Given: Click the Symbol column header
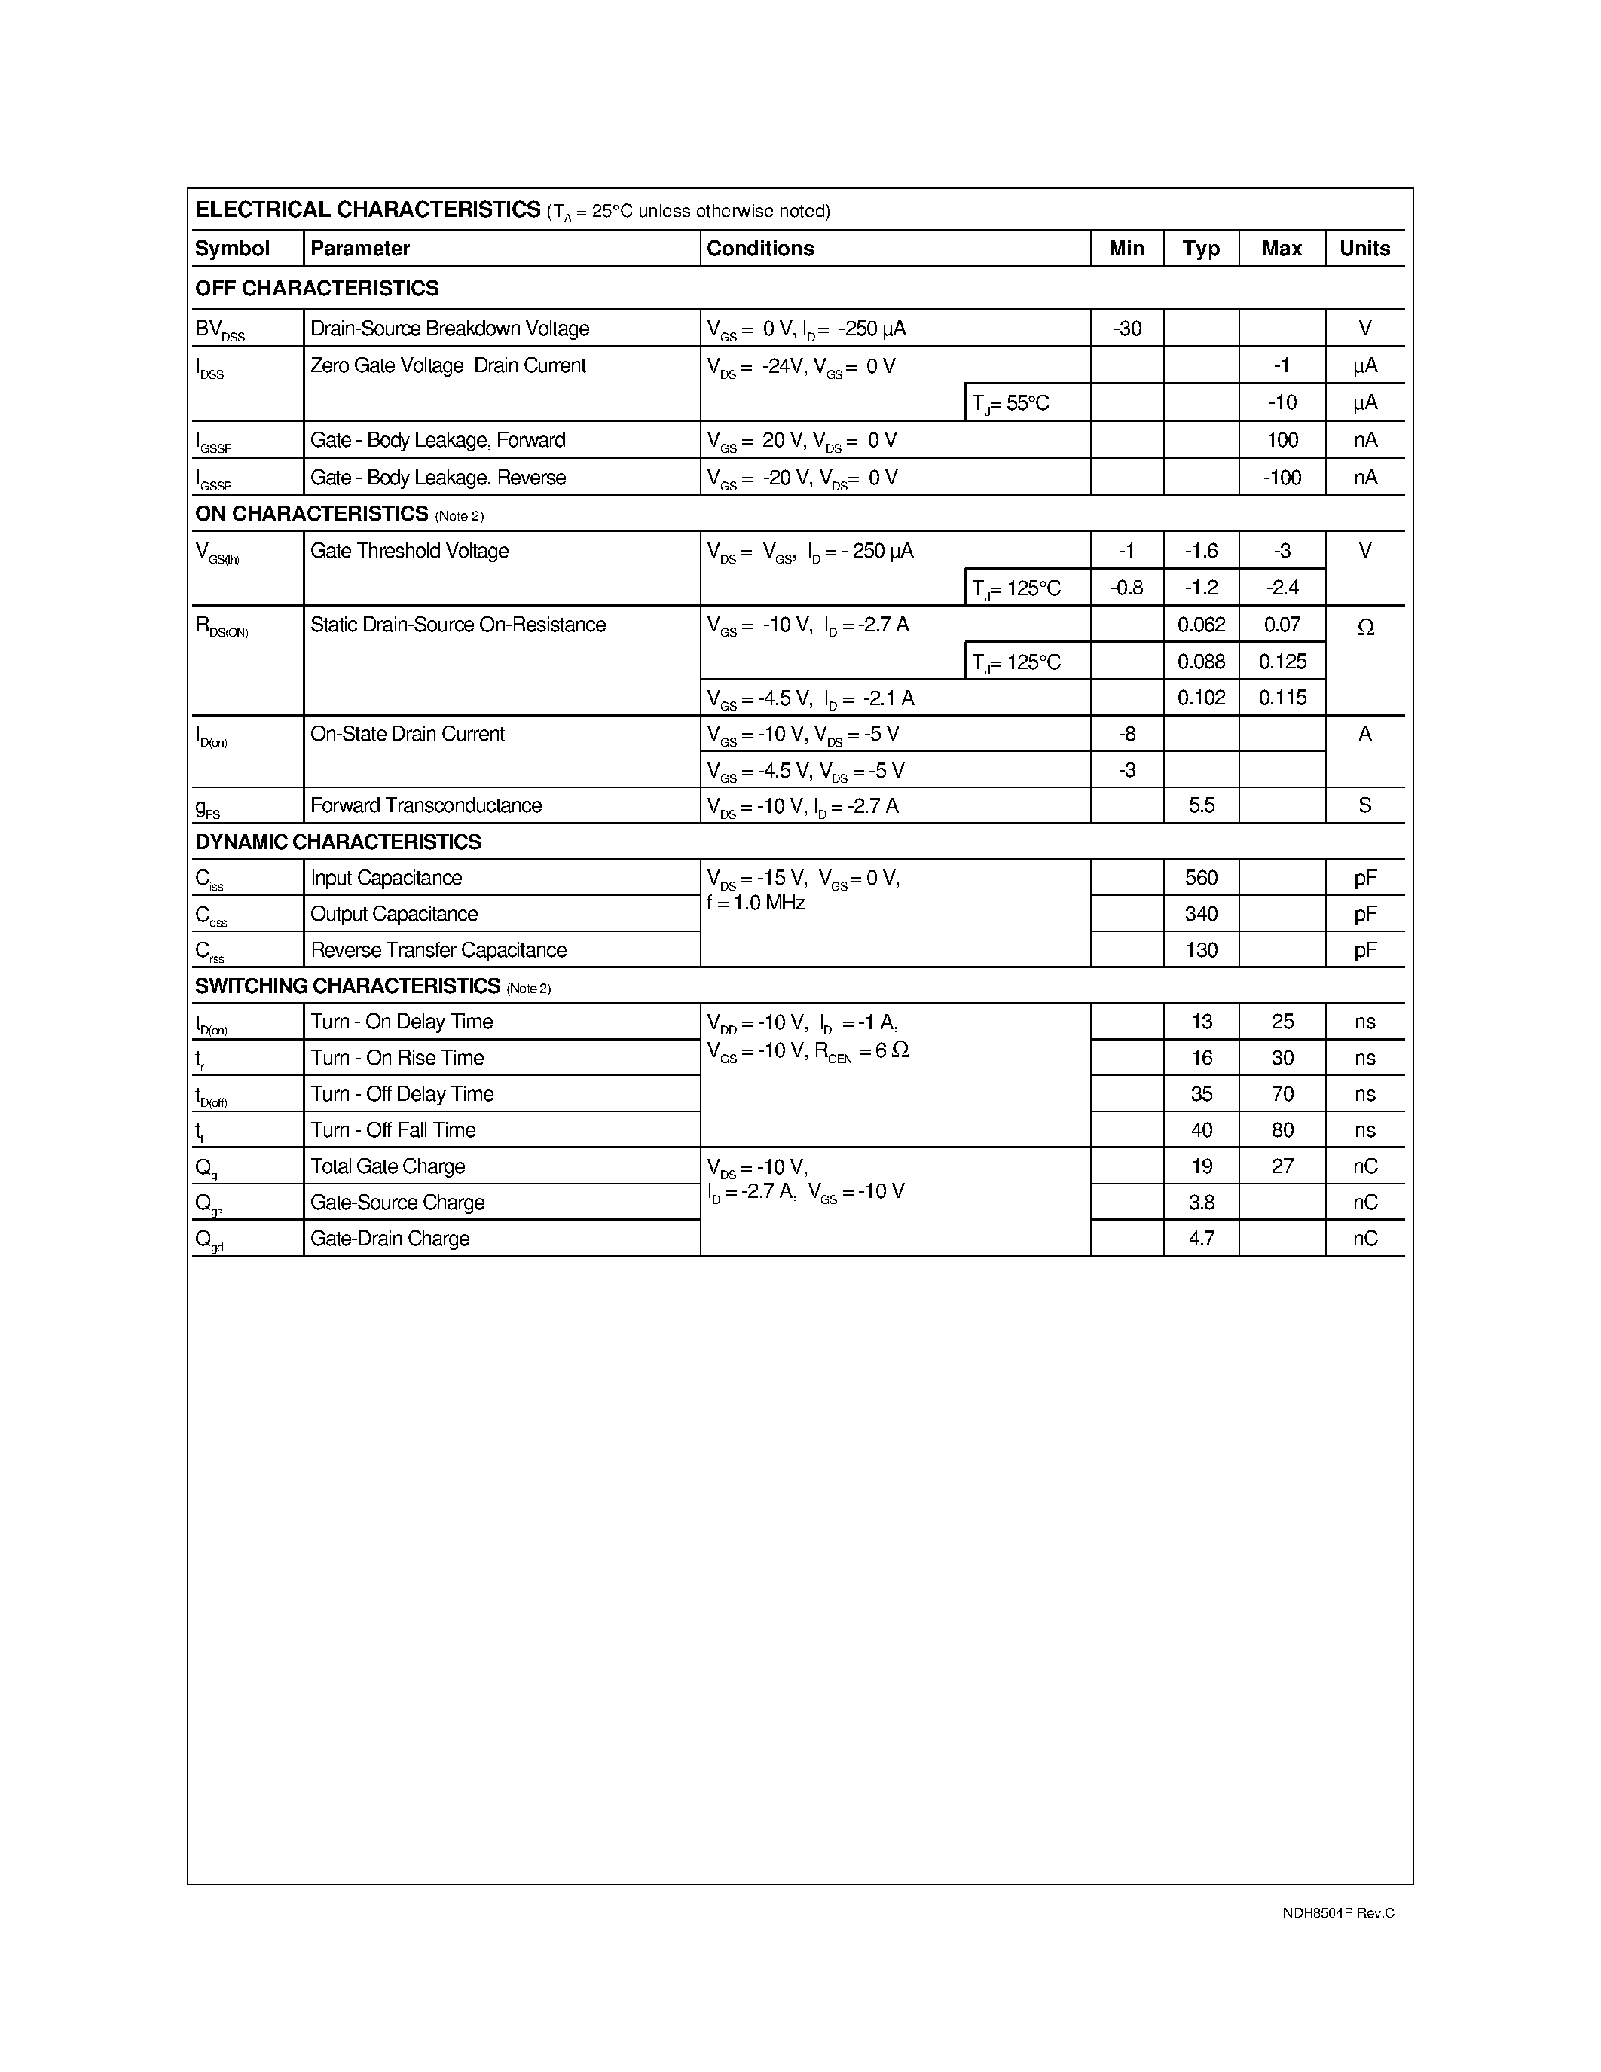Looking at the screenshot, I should [x=232, y=249].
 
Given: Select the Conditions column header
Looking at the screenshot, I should [x=759, y=249].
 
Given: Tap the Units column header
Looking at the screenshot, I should [x=1364, y=249].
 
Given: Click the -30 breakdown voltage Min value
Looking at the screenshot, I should [x=1127, y=329].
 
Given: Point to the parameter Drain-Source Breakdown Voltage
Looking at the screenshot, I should [x=450, y=329].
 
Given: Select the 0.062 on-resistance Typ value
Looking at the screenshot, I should [x=1201, y=625].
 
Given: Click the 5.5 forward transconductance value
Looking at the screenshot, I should [x=1201, y=805].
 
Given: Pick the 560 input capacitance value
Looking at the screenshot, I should [x=1201, y=878].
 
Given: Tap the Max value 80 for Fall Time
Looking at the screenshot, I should [x=1282, y=1130].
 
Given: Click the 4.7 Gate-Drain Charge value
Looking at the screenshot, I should [x=1201, y=1238].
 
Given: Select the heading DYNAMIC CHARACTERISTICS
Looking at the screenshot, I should [x=338, y=842].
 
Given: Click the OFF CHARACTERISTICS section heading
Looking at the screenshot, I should [x=316, y=289].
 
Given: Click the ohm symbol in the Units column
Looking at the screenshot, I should [x=1365, y=627].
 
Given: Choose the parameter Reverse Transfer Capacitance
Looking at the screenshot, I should [x=438, y=949].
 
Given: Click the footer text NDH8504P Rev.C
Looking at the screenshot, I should [x=1337, y=1912].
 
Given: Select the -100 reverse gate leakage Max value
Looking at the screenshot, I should [x=1282, y=477].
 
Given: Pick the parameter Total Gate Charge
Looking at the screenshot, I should [x=387, y=1166].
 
